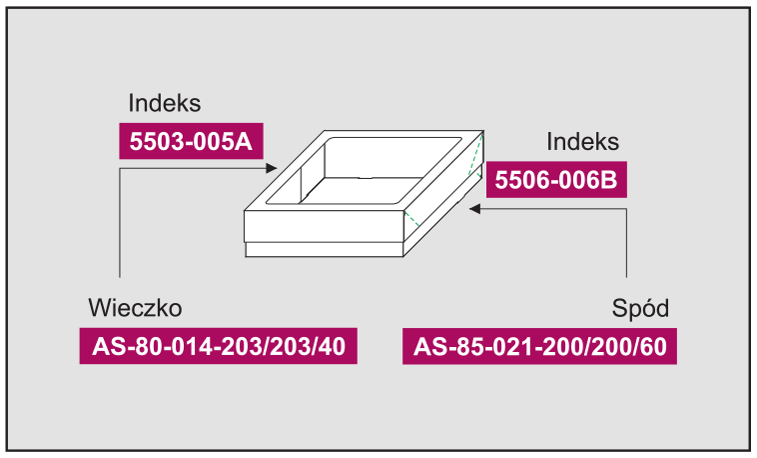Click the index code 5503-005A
pos(191,141)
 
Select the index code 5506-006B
pos(556,180)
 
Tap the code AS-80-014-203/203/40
pos(219,346)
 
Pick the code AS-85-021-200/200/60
pos(539,346)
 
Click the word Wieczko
pos(135,308)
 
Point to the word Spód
pos(640,308)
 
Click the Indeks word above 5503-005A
pos(164,103)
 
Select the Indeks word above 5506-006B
pos(582,142)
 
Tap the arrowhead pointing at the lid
pos(272,168)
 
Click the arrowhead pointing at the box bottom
pos(475,209)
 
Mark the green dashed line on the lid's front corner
pos(411,219)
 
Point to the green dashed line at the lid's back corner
pos(475,156)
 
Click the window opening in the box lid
pos(364,171)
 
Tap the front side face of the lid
pos(324,225)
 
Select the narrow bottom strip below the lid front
pos(324,249)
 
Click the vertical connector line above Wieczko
pos(120,222)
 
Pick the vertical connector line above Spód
pos(626,243)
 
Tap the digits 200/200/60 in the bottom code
pos(604,346)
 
